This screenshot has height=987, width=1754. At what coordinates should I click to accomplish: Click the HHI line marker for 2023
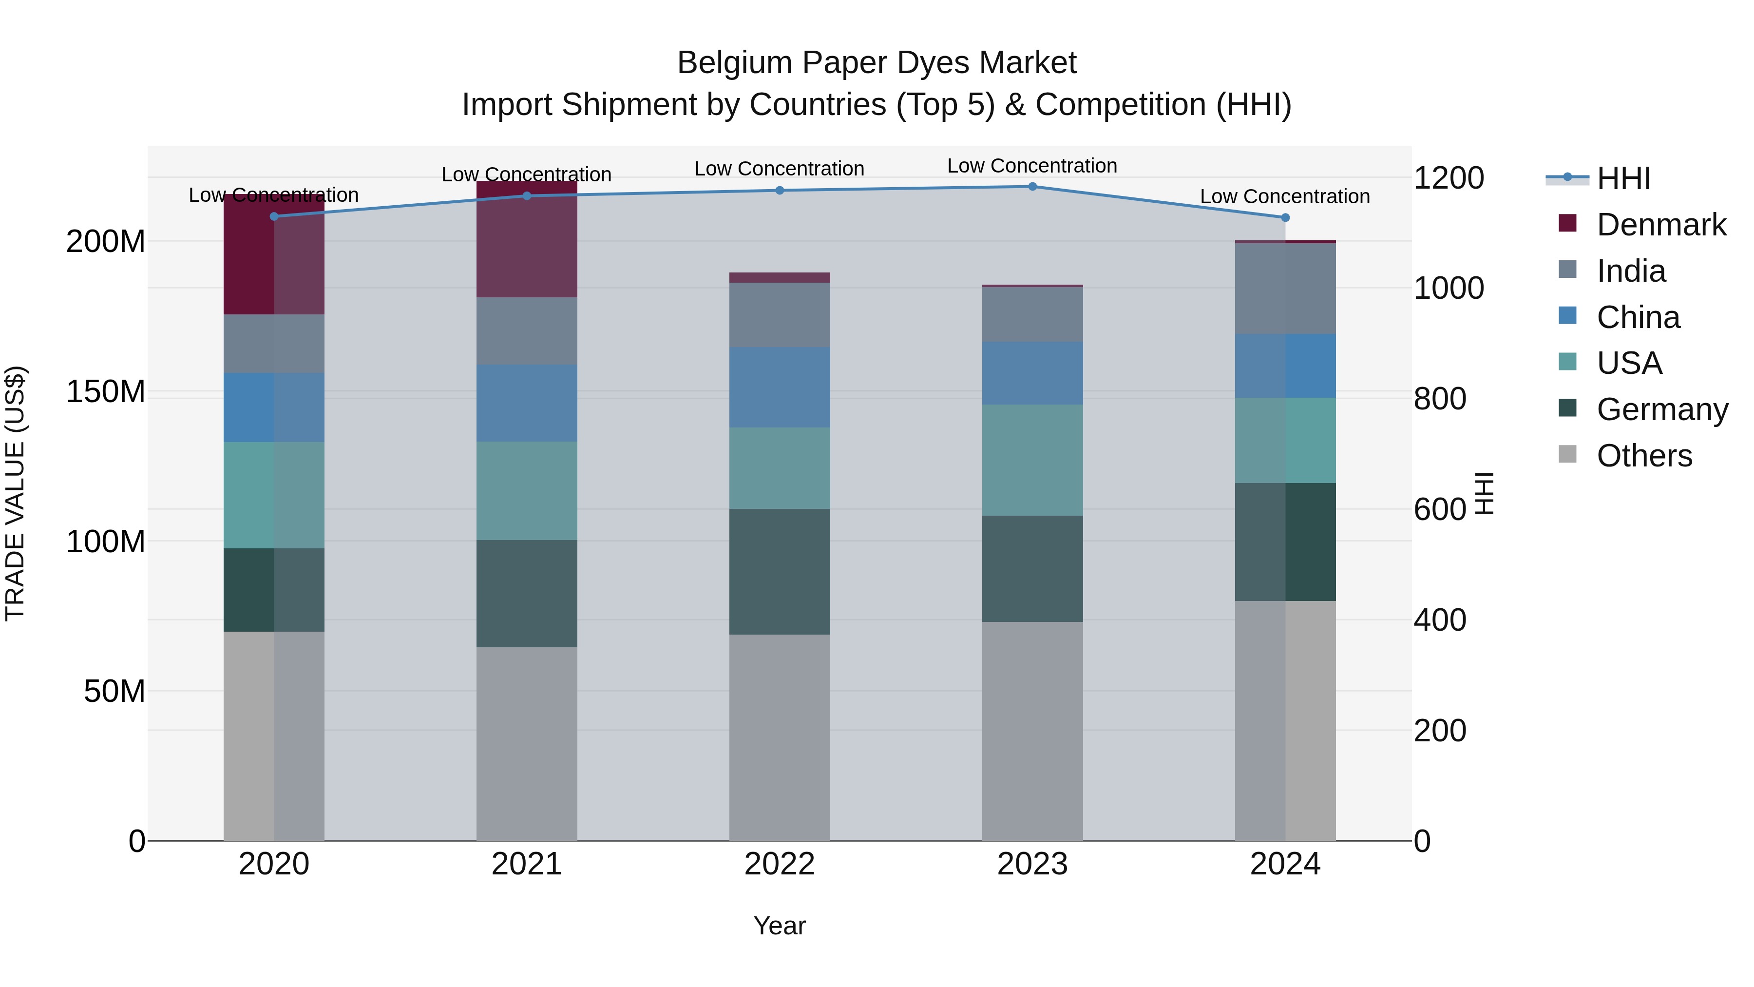1032,187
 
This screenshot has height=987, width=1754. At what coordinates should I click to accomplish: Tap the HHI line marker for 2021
527,196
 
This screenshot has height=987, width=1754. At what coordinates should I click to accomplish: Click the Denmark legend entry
1661,225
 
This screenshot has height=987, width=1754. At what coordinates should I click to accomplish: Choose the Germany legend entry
1662,409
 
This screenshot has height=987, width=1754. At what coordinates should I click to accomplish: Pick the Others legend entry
1644,456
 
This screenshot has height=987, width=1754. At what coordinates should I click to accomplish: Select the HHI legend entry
1623,178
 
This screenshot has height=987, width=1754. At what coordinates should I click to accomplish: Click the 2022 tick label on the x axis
780,864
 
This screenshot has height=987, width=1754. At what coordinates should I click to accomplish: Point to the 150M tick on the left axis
106,392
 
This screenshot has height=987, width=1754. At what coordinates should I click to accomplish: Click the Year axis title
780,926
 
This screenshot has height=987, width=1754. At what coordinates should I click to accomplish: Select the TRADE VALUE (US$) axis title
15,493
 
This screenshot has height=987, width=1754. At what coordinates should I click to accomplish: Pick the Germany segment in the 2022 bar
780,572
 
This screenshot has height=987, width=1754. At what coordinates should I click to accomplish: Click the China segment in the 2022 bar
780,387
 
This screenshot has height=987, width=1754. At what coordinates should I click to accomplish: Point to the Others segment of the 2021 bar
527,743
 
